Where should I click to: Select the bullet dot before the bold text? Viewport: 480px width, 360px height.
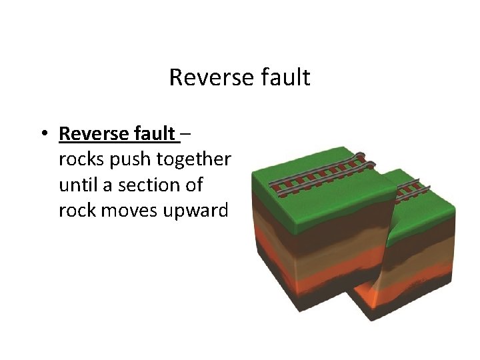click(x=42, y=133)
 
